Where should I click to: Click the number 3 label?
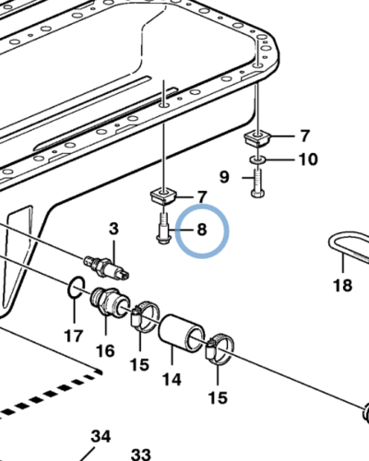(x=114, y=228)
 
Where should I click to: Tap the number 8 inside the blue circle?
(x=202, y=228)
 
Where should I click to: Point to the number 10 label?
(x=306, y=160)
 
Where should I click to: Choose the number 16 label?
(x=104, y=349)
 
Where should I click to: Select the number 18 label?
(x=342, y=286)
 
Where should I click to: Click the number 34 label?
(x=101, y=435)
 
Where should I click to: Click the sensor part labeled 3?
(x=108, y=264)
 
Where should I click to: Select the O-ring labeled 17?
(x=77, y=291)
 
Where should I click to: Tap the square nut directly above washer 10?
(x=256, y=140)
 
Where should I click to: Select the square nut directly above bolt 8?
(x=163, y=197)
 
